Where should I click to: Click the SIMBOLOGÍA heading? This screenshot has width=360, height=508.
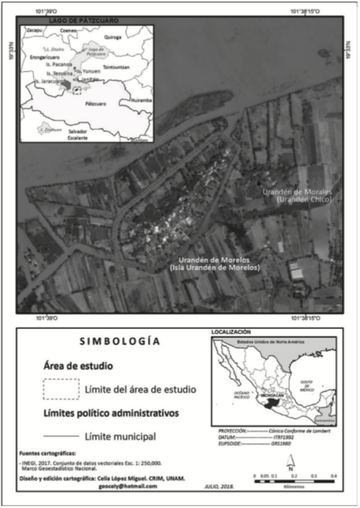point(119,341)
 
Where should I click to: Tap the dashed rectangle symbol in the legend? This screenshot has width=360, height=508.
point(61,388)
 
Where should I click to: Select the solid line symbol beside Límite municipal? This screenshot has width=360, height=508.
point(61,436)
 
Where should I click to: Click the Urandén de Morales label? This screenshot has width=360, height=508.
point(293,192)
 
